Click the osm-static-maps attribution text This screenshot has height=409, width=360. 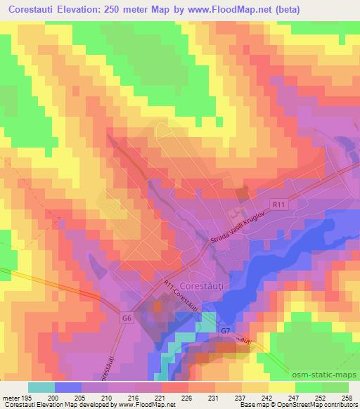326,373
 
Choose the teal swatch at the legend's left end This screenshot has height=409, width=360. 41,387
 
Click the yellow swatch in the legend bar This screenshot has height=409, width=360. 282,387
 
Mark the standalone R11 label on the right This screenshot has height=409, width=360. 280,204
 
